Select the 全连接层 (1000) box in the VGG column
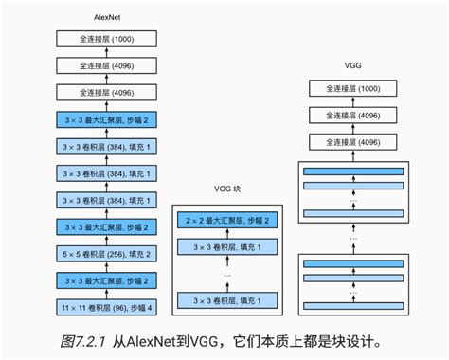click(x=353, y=89)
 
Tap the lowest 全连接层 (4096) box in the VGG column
click(x=353, y=142)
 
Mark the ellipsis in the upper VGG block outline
click(x=353, y=200)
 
